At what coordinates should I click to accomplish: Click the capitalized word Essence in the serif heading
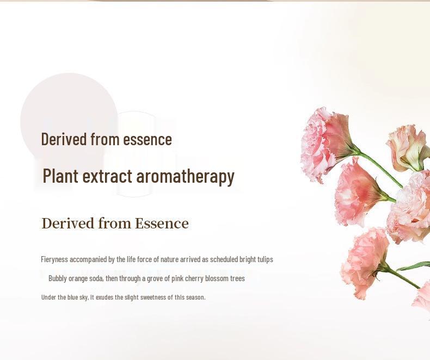click(162, 224)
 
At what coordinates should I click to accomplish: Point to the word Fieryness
click(54, 259)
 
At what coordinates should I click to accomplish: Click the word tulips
click(265, 259)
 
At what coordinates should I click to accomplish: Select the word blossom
click(217, 278)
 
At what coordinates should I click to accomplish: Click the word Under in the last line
click(48, 297)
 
